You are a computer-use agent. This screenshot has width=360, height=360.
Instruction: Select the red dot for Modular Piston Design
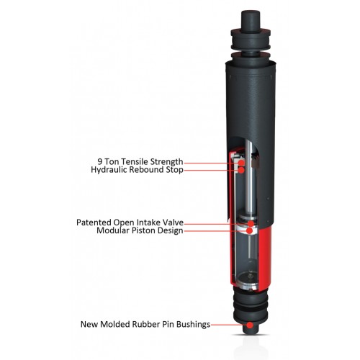249,232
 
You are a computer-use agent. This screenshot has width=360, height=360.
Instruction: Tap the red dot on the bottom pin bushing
250,325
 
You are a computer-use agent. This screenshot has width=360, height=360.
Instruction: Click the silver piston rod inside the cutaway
247,194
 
